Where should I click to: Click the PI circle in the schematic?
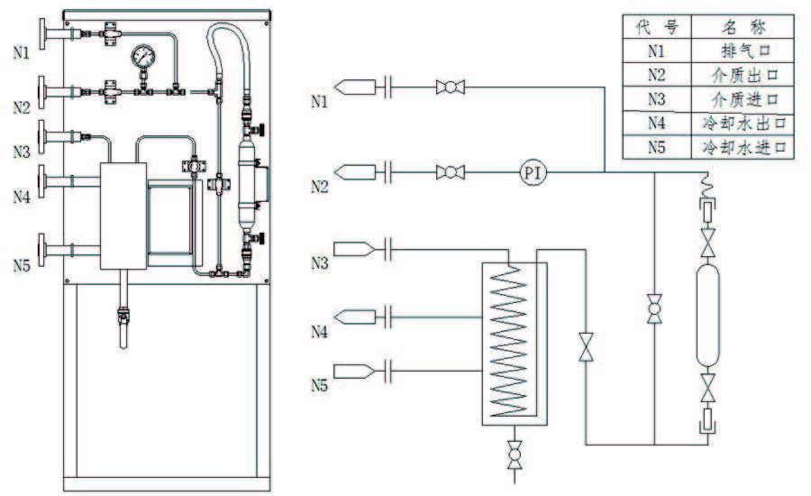point(533,171)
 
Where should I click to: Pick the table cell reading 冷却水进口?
point(743,146)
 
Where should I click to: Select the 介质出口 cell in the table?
point(743,74)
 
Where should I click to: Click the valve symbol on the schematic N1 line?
point(449,87)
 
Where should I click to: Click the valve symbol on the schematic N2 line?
point(449,171)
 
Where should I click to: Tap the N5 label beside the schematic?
point(319,386)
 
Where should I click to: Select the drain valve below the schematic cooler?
point(514,454)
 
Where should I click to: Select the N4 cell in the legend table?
point(656,122)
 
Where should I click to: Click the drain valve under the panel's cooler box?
point(121,316)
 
